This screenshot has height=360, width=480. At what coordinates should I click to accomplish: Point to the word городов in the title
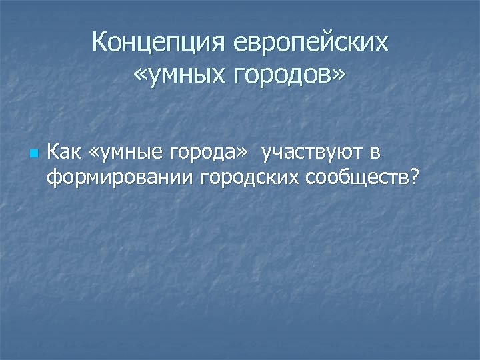point(282,77)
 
